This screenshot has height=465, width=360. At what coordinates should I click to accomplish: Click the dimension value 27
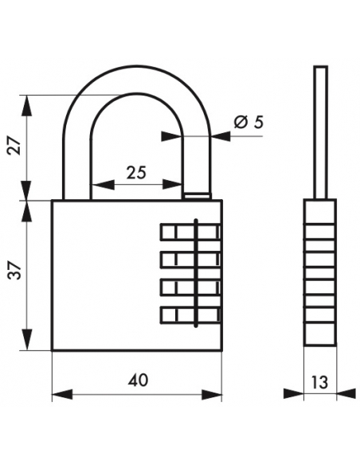tap(15, 146)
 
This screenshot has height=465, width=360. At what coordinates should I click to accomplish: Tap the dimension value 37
tap(15, 271)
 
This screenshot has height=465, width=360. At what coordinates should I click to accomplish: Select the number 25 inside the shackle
tap(136, 173)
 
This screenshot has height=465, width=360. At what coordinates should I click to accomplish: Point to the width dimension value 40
tap(138, 380)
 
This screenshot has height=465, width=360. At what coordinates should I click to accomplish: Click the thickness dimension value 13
tap(320, 382)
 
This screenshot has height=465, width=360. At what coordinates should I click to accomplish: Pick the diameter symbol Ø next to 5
tap(241, 122)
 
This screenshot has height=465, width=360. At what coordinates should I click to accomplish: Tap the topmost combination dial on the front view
tap(190, 232)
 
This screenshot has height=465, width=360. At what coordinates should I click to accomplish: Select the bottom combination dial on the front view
tap(190, 315)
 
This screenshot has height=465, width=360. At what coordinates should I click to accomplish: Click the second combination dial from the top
tap(190, 259)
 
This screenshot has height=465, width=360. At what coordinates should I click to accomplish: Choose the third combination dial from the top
tap(190, 287)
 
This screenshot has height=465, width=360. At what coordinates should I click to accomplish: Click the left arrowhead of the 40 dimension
tap(62, 395)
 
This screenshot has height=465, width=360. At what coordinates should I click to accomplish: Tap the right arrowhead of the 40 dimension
tap(212, 395)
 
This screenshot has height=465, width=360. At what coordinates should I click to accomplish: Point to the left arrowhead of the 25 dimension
tap(103, 185)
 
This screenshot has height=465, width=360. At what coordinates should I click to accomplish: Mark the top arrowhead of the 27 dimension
tap(27, 105)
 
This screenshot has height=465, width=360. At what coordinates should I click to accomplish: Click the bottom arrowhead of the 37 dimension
tap(27, 340)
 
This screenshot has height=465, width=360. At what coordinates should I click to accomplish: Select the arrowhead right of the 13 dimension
tap(346, 393)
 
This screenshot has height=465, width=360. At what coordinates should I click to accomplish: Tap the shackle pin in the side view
tap(320, 132)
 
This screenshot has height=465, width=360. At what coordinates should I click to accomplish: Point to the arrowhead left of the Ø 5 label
tap(171, 136)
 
